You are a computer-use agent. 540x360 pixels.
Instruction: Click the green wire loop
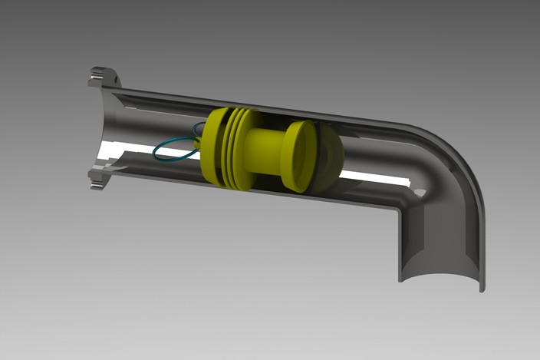pos(173,149)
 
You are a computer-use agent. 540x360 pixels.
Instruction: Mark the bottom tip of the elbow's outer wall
pos(482,289)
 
